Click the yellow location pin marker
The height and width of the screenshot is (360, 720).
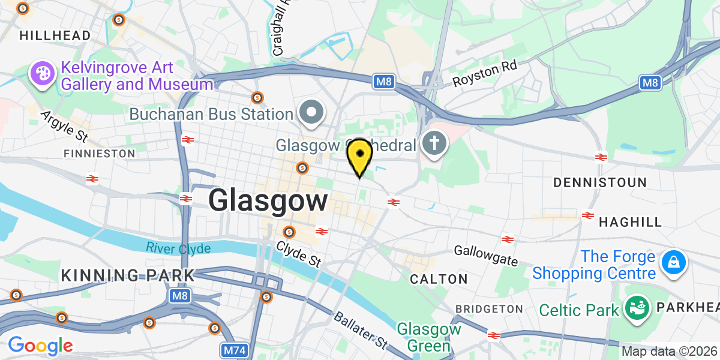coord(359,156)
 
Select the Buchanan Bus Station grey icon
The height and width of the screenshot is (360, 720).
coord(311,113)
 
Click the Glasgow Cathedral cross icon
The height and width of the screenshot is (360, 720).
coord(433,144)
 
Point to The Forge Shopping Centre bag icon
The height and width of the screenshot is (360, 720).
coord(673,262)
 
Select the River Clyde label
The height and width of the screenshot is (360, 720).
coord(178,248)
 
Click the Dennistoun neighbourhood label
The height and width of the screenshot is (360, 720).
coord(600,182)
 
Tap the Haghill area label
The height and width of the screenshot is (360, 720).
coord(630,222)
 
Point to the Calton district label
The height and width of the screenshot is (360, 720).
coord(439,279)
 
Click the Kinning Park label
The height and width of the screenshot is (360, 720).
coord(128,275)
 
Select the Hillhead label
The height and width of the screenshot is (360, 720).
coord(55,35)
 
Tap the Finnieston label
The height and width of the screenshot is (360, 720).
coord(100,154)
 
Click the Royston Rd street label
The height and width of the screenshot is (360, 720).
coord(485,74)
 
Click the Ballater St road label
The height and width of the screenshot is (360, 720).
coord(360,330)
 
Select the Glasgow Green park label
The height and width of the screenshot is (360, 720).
coord(429,337)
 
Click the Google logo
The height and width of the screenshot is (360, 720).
coord(40,346)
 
